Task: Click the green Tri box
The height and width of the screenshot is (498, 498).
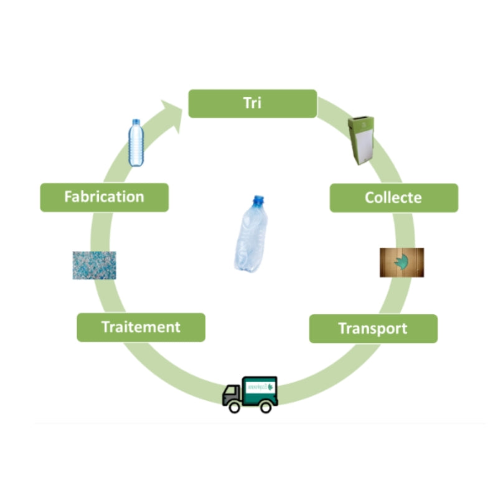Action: tap(253, 103)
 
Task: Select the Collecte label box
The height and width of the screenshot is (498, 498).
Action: tap(393, 198)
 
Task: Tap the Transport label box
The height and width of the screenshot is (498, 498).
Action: tap(373, 328)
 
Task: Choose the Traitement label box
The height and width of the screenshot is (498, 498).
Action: tap(141, 327)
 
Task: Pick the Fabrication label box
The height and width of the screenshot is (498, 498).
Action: tap(104, 197)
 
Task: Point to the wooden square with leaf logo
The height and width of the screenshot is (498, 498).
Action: tap(402, 262)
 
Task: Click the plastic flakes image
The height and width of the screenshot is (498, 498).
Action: tap(94, 265)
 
